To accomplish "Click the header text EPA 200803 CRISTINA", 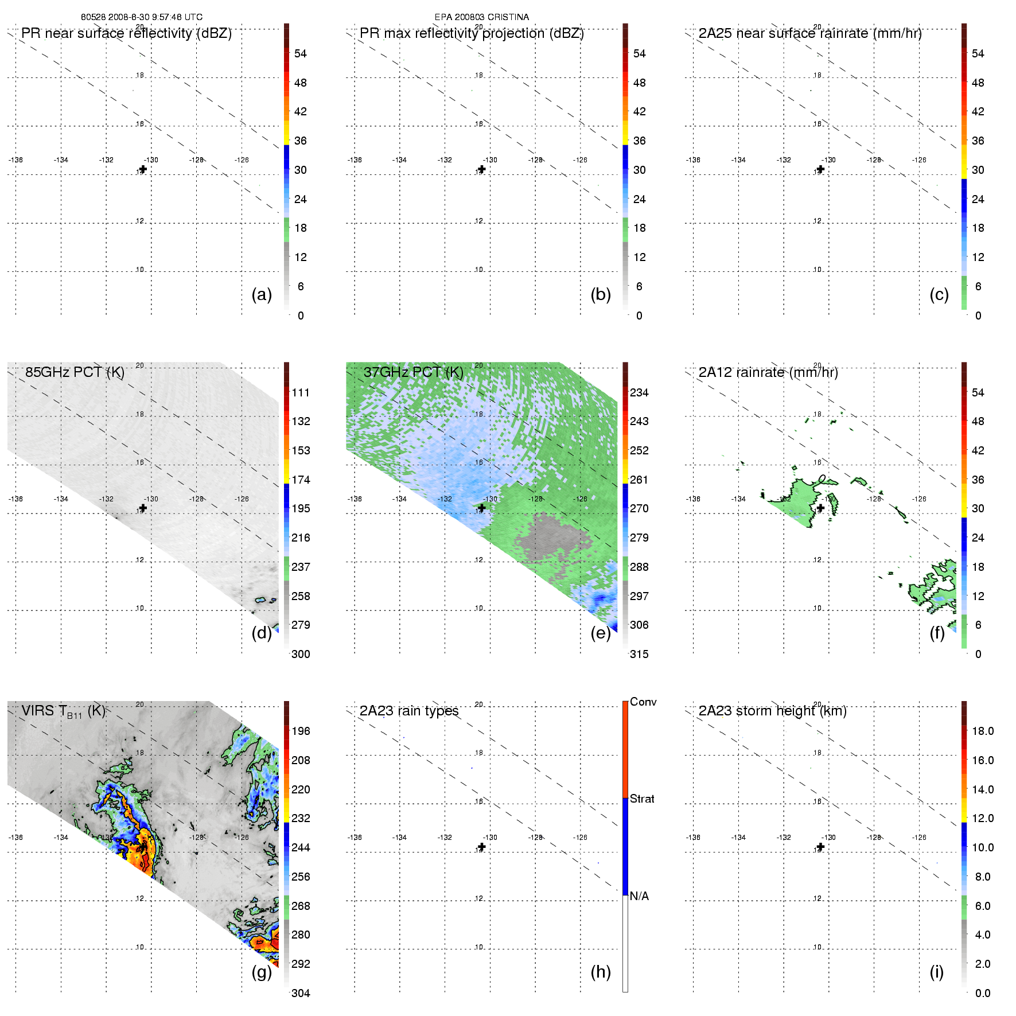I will click(x=481, y=17).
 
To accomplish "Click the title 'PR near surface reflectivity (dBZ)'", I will click(x=126, y=33).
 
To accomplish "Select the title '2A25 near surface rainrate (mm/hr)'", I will click(x=809, y=33).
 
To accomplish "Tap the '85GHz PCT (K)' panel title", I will click(x=75, y=372).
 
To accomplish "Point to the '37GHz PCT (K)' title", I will click(x=413, y=372).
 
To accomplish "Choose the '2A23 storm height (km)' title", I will click(x=772, y=711).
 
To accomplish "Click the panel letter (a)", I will click(x=262, y=294).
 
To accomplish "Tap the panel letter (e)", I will click(x=601, y=633).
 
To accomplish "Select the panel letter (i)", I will click(x=936, y=972).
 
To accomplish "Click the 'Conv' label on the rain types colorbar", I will click(x=643, y=702).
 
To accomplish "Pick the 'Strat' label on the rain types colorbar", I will click(x=642, y=799).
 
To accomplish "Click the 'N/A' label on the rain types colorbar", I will click(x=639, y=896).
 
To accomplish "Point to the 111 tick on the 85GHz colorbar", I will click(x=301, y=392).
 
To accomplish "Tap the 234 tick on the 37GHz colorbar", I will click(x=639, y=392).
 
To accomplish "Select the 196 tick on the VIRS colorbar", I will click(x=301, y=731).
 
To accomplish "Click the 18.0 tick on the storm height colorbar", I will click(x=982, y=731).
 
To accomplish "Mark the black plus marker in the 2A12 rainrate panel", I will click(x=820, y=508).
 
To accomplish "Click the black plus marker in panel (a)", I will click(x=143, y=169).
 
